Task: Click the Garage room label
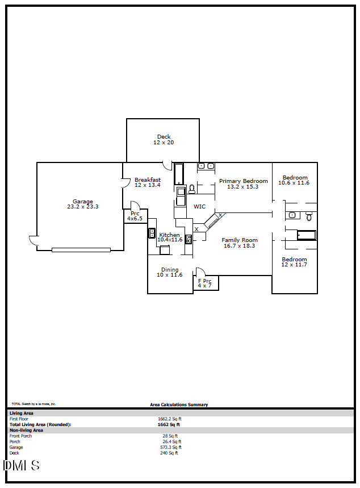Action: tap(82, 202)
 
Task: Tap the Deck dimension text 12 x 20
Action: tap(164, 143)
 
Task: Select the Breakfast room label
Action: tap(148, 180)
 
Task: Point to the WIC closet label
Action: tap(200, 207)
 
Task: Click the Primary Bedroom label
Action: tap(243, 181)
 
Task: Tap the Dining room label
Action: tap(170, 270)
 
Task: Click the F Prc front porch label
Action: tap(204, 281)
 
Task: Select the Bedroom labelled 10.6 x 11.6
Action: tap(295, 178)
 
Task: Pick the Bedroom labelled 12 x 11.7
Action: tap(294, 260)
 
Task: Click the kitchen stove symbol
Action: tap(189, 239)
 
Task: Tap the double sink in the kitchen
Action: tap(152, 233)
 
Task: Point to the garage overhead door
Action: tap(81, 249)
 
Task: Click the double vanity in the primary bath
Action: tap(206, 166)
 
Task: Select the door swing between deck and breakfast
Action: tap(168, 165)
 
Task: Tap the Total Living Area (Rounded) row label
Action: tap(40, 424)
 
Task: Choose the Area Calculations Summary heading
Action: tap(179, 405)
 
